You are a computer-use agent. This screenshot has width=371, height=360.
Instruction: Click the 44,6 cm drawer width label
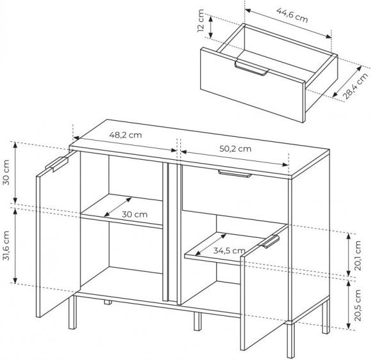point(292,15)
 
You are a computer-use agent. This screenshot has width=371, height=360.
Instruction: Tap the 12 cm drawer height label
point(200,20)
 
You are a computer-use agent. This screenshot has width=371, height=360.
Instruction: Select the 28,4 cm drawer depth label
point(356,86)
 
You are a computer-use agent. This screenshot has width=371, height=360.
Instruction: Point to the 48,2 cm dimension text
point(125,135)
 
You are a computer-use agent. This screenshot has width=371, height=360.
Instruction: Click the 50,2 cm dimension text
point(235,149)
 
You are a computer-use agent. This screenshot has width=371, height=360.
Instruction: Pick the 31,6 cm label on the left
point(6,246)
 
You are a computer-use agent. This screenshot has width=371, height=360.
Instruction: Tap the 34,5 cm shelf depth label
point(229,251)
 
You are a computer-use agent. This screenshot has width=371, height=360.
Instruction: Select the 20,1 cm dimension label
point(358,256)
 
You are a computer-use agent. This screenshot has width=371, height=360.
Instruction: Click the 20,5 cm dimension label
point(358,306)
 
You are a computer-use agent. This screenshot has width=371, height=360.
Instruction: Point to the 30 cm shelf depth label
point(134,215)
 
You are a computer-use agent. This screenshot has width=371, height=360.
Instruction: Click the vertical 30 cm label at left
point(6,172)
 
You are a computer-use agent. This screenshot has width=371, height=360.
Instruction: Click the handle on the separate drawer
point(251,68)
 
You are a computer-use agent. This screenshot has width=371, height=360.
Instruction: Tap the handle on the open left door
point(57,164)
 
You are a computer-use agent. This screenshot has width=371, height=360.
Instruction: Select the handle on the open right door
point(270,242)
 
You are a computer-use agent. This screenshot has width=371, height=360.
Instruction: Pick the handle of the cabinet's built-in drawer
point(235,174)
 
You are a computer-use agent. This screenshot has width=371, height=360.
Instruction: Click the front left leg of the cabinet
point(73,312)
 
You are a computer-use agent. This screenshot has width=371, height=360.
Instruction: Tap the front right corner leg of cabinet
point(291,340)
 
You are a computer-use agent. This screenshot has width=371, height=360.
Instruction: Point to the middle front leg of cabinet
point(198,321)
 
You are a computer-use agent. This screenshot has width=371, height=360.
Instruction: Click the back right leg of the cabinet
point(326,317)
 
